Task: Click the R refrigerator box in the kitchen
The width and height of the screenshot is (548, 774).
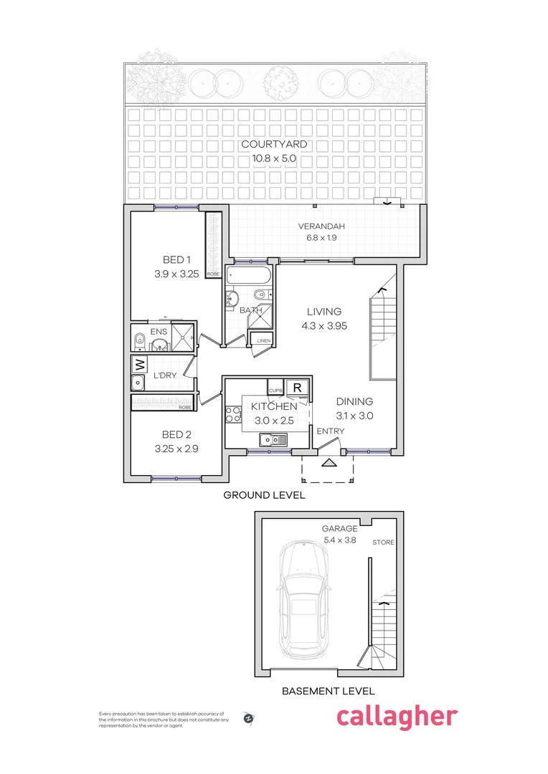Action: click(297, 388)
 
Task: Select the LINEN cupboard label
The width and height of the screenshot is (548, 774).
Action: click(264, 341)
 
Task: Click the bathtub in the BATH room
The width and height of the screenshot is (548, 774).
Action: click(247, 276)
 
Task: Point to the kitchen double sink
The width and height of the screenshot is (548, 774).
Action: click(273, 439)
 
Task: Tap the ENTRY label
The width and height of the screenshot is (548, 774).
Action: click(330, 431)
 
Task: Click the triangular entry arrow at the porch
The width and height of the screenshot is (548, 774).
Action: click(329, 462)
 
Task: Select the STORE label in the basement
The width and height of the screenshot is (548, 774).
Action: click(383, 543)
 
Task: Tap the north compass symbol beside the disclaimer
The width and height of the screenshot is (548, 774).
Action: click(249, 717)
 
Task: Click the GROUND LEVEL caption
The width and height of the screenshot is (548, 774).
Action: click(264, 495)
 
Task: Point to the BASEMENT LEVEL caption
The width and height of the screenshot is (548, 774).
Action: click(328, 692)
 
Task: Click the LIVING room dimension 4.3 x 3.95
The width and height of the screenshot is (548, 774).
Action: click(324, 326)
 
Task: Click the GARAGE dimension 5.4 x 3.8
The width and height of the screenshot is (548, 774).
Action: click(340, 541)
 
